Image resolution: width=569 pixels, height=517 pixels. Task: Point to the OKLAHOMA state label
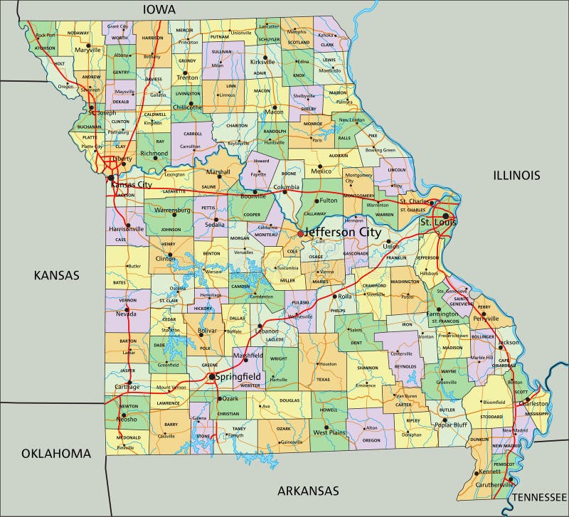(56, 453)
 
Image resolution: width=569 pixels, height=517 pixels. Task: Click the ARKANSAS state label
(308, 491)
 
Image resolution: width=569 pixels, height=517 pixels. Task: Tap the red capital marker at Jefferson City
(300, 233)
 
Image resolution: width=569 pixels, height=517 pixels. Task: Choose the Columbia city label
(287, 188)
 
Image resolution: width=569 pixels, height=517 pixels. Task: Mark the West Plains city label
(329, 432)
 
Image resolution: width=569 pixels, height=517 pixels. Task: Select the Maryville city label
(89, 51)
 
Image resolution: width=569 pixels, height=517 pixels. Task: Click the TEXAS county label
(324, 379)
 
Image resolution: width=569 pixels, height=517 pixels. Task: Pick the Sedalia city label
(215, 223)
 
